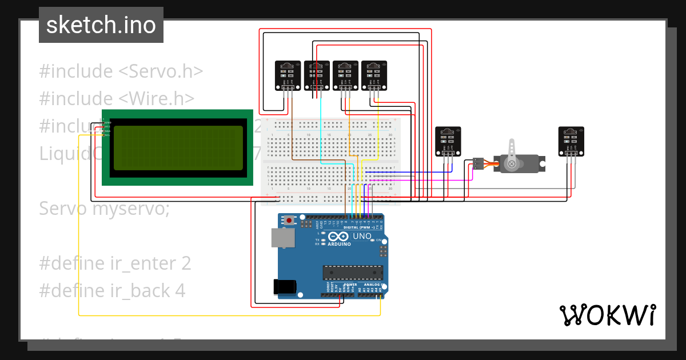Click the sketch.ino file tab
click(x=101, y=25)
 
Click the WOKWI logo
click(x=607, y=315)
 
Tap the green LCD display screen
click(x=178, y=148)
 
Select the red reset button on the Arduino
click(x=289, y=220)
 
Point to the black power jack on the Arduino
click(x=286, y=287)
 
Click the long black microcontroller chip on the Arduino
click(x=352, y=273)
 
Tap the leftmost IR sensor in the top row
click(x=288, y=75)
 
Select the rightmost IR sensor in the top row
click(x=374, y=75)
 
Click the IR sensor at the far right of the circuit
click(x=572, y=141)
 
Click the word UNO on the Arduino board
click(x=362, y=236)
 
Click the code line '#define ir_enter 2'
click(x=115, y=263)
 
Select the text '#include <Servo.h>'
click(x=121, y=71)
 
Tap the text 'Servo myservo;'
click(x=104, y=209)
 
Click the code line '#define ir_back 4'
click(x=112, y=291)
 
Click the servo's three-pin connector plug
click(x=478, y=164)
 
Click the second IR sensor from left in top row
click(x=316, y=75)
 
